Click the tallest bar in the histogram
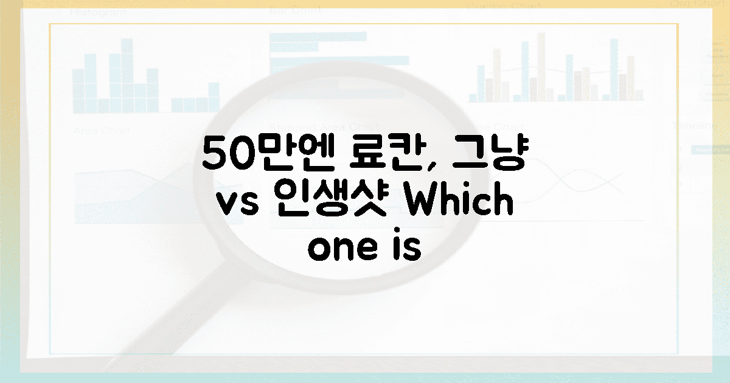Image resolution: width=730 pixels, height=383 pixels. (127, 73)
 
